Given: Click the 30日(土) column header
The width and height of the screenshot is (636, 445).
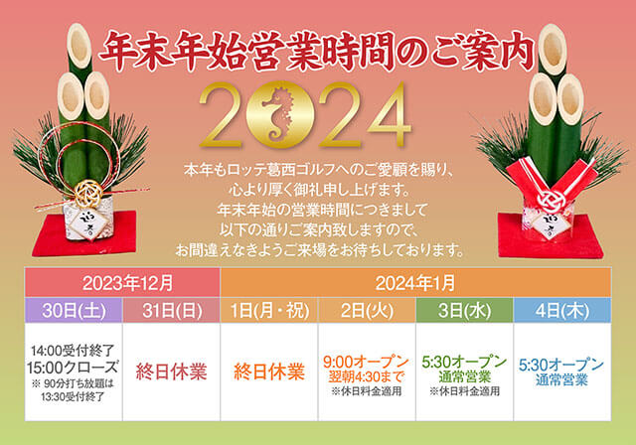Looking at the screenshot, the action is point(74,311).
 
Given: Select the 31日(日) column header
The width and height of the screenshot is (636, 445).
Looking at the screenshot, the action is point(172,311).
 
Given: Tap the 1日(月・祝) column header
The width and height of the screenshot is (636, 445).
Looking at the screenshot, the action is point(269,311).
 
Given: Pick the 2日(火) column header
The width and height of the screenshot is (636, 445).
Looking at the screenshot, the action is point(367,311).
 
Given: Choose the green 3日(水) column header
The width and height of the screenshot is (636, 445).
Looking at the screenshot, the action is point(464,311).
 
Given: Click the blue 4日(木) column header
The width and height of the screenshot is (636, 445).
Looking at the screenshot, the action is point(562,311).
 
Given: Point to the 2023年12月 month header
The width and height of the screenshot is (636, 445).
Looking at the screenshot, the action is point(122,282).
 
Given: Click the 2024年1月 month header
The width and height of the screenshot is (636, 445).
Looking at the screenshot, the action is point(415,282).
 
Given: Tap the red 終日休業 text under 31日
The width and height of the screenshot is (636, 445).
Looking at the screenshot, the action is point(172,371).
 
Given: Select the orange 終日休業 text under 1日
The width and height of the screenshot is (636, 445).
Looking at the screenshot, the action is point(269,371).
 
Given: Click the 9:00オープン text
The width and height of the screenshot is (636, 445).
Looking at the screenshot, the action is point(367,362).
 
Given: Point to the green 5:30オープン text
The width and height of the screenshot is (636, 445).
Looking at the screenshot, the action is point(464,362).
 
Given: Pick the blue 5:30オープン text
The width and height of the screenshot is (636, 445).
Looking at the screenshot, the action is point(561,365).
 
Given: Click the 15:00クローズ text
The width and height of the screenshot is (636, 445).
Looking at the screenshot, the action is point(73,368).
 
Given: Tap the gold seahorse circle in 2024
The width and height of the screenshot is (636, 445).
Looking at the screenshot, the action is point(280,114).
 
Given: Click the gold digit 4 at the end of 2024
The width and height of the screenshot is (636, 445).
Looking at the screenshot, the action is point(389,114).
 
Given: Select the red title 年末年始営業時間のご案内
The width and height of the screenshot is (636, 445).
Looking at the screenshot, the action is point(316,51).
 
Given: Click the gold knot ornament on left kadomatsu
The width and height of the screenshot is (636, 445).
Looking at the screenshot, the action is point(89,193).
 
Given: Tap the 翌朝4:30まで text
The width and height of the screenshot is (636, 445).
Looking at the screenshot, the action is point(367,376).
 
